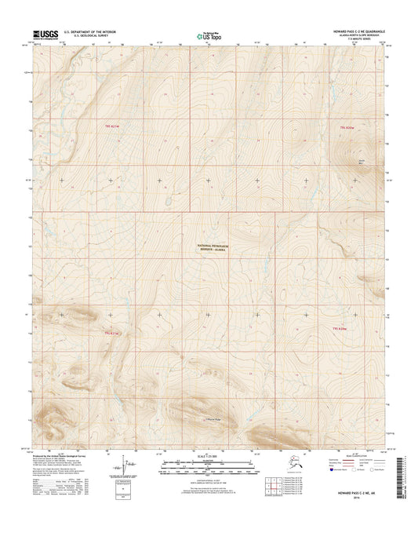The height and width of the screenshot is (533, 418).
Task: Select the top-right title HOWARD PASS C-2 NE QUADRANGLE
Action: coord(354,31)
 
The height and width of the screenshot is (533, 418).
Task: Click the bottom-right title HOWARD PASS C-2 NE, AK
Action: coord(356,497)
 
